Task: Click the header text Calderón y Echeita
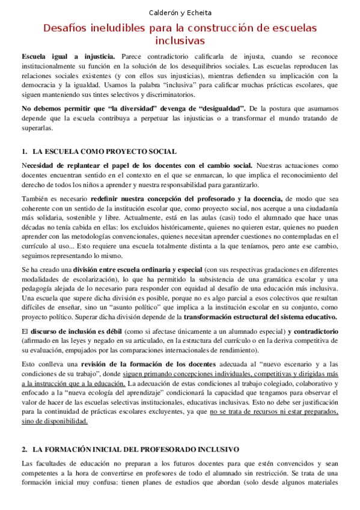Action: (180, 12)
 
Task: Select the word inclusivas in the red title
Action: (180, 41)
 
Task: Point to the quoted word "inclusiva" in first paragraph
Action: (147, 85)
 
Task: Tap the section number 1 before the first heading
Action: (23, 152)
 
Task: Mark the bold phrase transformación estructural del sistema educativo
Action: (260, 317)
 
